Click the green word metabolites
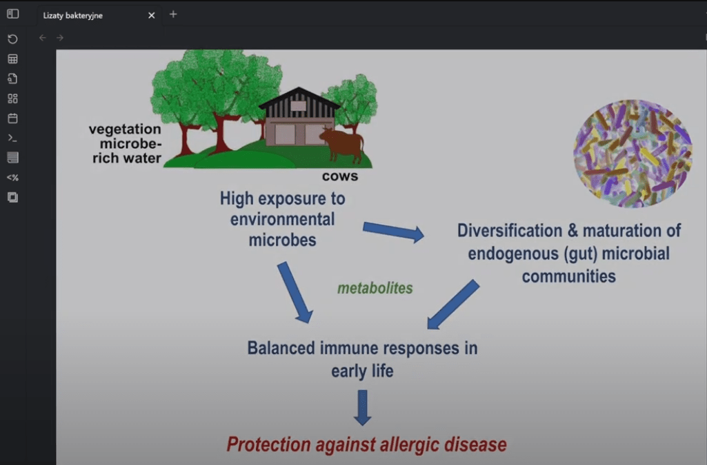pyautogui.click(x=375, y=288)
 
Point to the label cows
pyautogui.click(x=340, y=176)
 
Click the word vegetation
pyautogui.click(x=125, y=130)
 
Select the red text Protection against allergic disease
pyautogui.click(x=366, y=444)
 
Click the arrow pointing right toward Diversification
pyautogui.click(x=393, y=231)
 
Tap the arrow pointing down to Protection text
pyautogui.click(x=363, y=407)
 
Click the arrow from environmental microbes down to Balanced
pyautogui.click(x=294, y=292)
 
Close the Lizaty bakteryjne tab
pyautogui.click(x=152, y=14)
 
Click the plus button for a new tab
pyautogui.click(x=173, y=14)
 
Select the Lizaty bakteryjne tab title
pyautogui.click(x=73, y=15)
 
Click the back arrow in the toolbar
pyautogui.click(x=43, y=38)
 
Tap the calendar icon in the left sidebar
pyautogui.click(x=12, y=118)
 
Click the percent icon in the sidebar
pyautogui.click(x=12, y=178)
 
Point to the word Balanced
pyautogui.click(x=281, y=347)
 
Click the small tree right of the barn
pyautogui.click(x=352, y=103)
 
